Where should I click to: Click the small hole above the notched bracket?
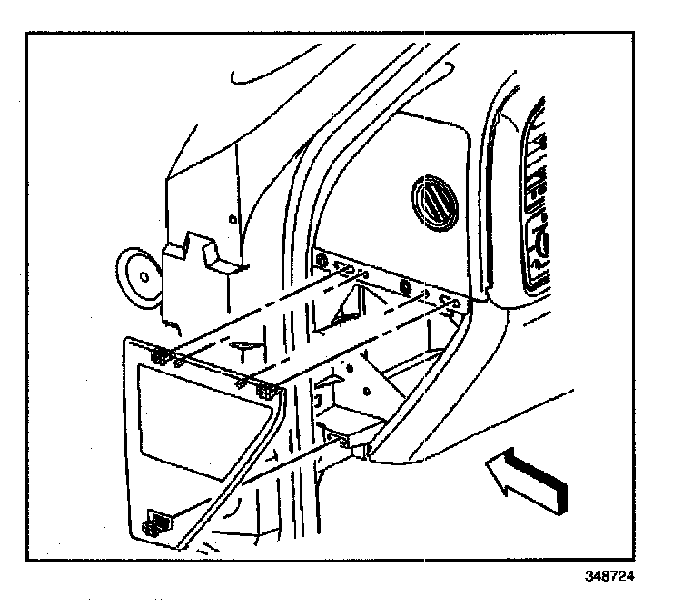(232, 219)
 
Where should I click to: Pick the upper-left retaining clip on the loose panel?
(161, 355)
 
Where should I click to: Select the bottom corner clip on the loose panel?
(157, 523)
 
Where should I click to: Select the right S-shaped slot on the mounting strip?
(445, 299)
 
